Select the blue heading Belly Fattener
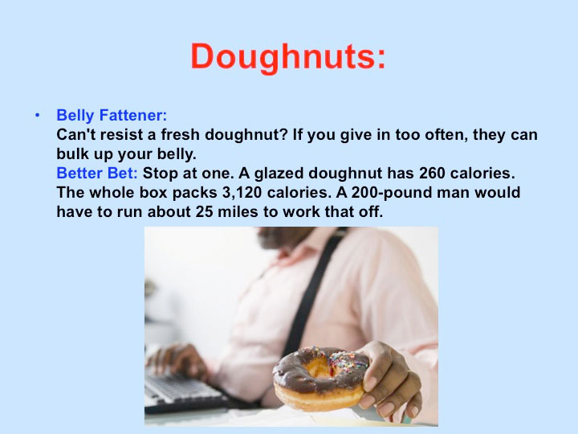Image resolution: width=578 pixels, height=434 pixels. pos(112,115)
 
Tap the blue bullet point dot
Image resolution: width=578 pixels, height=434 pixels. pos(37,115)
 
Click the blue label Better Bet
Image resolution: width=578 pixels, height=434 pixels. pos(97,173)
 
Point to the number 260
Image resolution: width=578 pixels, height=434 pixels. pos(432,173)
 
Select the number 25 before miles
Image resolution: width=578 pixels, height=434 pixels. pos(204,212)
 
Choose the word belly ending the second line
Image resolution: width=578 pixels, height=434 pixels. pos(176,154)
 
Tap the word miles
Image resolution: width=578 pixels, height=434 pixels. pos(238,212)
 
